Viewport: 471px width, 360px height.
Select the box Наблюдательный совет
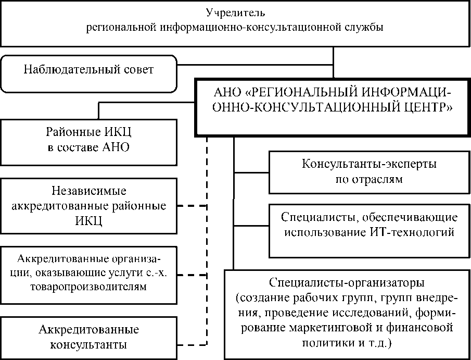[x=88, y=69]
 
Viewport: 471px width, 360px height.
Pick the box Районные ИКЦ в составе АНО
[x=88, y=141]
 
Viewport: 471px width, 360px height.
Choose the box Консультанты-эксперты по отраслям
[x=369, y=171]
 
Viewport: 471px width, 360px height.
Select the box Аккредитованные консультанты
[x=88, y=337]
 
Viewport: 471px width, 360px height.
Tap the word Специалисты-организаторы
[x=347, y=283]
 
